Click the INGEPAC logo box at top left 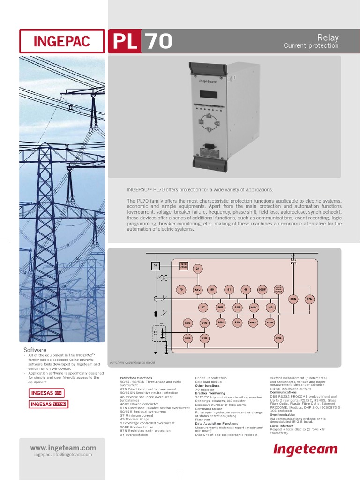pos(62,41)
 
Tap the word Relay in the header pos(328,38)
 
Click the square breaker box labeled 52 pos(156,266)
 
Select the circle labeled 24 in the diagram pos(198,269)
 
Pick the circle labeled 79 pos(181,290)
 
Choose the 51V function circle pos(198,290)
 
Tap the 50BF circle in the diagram pos(262,290)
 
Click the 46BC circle pos(254,307)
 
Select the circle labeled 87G pos(278,337)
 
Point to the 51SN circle pos(270,322)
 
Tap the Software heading pos(35,350)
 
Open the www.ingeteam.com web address pos(63,448)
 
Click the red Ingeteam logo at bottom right pos(306,450)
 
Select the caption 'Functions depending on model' pos(132,363)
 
